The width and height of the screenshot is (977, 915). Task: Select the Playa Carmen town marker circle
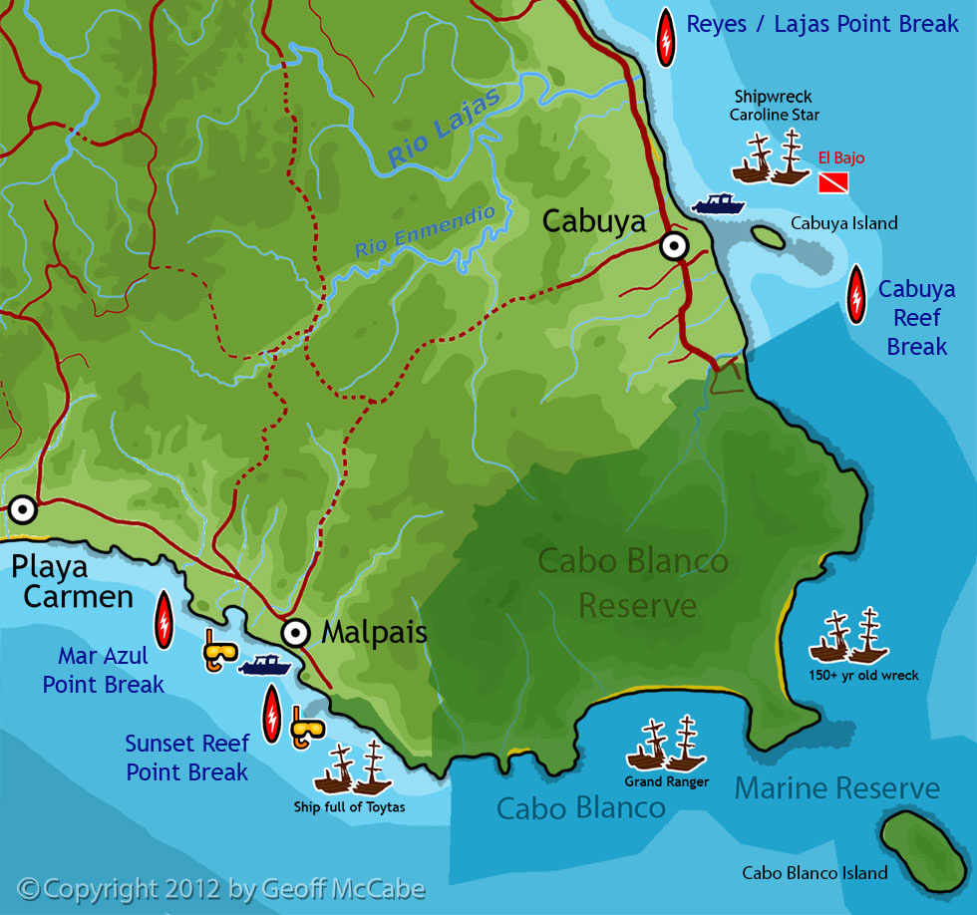pos(22,509)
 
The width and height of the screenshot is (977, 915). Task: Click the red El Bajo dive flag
pos(833,182)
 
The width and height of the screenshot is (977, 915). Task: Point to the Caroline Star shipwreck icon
pos(771,157)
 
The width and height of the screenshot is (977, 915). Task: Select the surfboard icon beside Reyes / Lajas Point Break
pos(665,38)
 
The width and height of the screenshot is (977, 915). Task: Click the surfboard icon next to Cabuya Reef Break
pos(855,295)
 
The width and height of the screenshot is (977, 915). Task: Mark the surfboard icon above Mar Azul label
pos(163,619)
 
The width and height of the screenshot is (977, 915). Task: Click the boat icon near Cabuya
pos(718,203)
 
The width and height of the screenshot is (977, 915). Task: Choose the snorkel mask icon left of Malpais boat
pos(220,651)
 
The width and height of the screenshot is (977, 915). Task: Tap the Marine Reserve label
pos(836,788)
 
